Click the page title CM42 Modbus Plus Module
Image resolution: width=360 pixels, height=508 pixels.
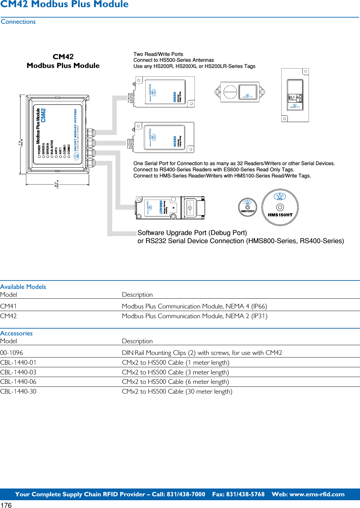click(64, 5)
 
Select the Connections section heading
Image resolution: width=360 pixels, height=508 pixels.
click(18, 22)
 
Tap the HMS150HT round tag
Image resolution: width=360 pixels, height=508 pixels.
click(280, 207)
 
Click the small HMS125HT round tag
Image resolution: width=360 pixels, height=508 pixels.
click(247, 207)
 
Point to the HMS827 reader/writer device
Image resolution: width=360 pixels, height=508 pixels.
click(170, 208)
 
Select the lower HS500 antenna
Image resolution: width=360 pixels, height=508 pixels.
click(164, 137)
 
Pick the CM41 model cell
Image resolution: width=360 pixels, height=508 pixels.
click(8, 306)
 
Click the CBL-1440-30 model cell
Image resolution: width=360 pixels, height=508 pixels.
click(18, 391)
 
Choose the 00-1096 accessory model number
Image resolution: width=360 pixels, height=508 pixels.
click(12, 353)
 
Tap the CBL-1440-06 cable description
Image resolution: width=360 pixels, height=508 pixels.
click(175, 382)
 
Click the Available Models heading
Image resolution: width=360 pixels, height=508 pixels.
click(23, 287)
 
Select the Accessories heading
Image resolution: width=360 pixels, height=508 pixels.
click(16, 333)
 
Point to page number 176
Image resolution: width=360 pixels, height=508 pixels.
click(6, 505)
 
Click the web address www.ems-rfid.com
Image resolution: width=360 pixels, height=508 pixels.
click(317, 494)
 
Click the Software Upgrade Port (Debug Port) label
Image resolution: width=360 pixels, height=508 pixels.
click(192, 233)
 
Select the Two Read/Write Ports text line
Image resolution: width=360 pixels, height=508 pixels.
click(158, 54)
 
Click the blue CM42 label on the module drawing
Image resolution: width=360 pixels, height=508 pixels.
click(43, 115)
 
